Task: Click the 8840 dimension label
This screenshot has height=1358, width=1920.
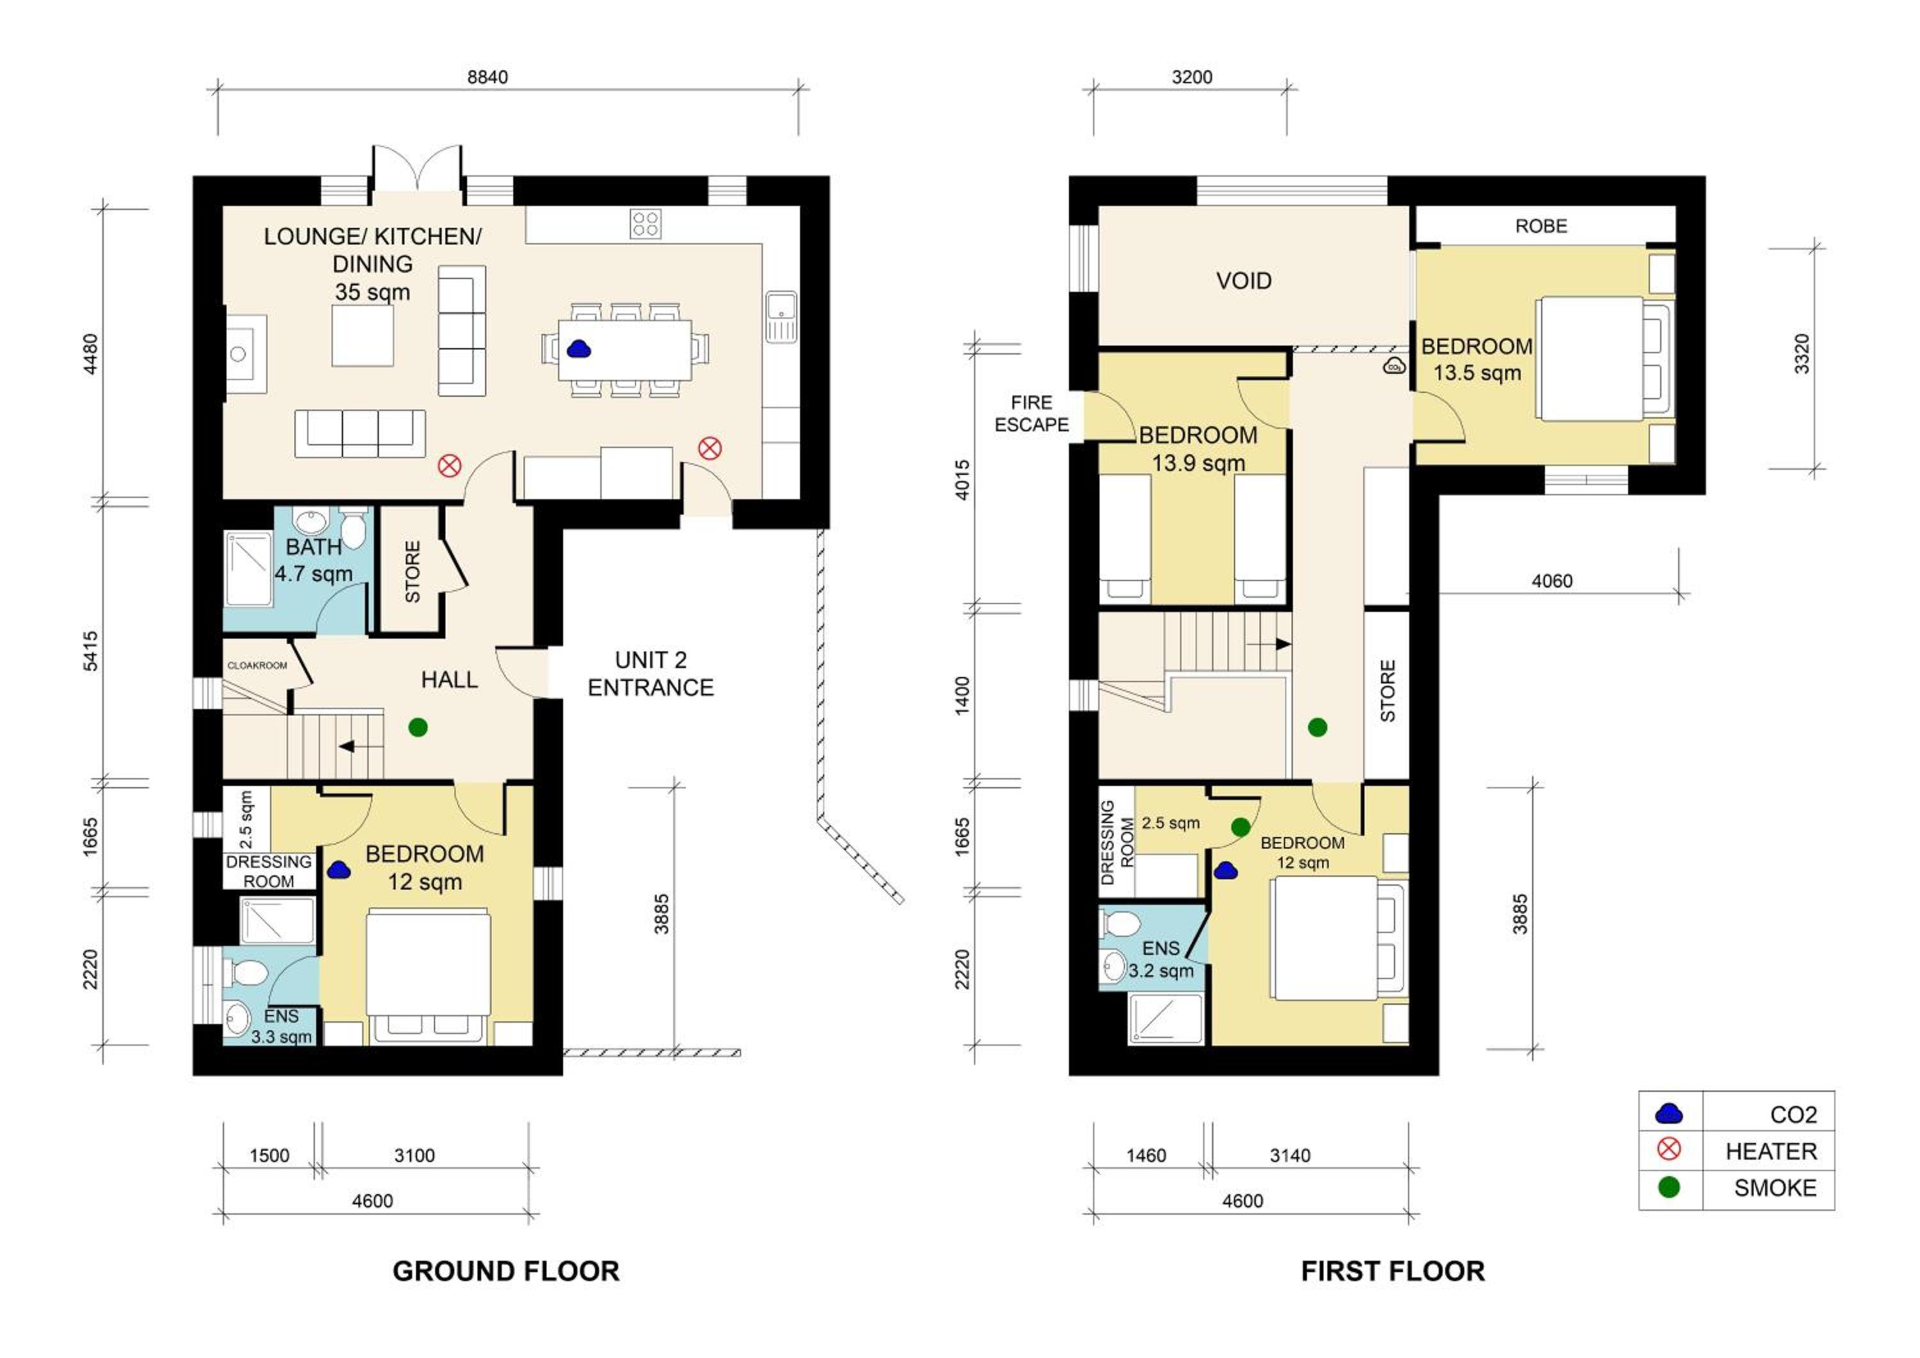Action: (488, 77)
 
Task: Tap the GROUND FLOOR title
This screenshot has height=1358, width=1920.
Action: (506, 1271)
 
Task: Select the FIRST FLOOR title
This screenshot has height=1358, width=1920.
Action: (1393, 1271)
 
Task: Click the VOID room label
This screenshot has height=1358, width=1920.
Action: (1244, 280)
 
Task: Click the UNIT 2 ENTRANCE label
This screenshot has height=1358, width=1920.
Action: (651, 673)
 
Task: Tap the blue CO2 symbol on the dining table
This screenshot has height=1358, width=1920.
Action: (579, 349)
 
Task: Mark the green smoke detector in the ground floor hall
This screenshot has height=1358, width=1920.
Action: (418, 728)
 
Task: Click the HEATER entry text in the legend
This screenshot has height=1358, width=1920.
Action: (1771, 1151)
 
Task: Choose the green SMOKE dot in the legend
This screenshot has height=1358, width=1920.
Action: (1669, 1187)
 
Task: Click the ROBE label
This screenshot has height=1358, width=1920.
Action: (1541, 226)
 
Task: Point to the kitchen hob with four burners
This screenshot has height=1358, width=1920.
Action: (646, 224)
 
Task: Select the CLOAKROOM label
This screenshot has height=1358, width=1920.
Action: (257, 666)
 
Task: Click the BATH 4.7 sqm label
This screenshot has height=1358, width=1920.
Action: (314, 560)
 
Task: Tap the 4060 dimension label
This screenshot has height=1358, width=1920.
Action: (1552, 581)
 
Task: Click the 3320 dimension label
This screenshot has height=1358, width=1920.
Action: (1803, 354)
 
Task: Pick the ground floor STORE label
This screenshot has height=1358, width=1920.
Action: (412, 572)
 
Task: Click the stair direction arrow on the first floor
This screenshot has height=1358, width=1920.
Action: (1268, 644)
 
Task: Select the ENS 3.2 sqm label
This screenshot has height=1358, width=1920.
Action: (1161, 959)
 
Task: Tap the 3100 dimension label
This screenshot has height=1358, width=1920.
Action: (414, 1156)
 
